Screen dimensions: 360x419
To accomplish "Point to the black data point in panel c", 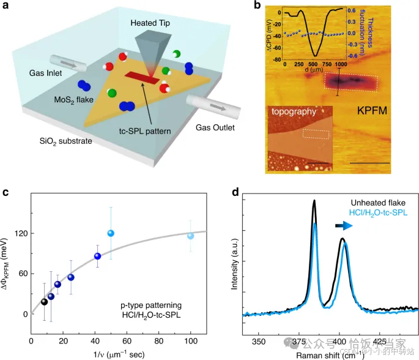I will [x=44, y=301].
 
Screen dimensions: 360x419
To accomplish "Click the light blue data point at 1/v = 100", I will [x=190, y=236].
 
